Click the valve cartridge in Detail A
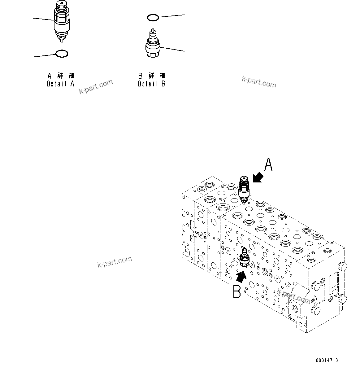tap(62, 22)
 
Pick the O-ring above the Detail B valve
tap(153, 18)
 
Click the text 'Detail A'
tap(61, 84)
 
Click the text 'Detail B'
tap(152, 84)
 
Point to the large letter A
tap(268, 164)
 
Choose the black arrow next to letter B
tap(241, 275)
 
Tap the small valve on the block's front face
tap(244, 258)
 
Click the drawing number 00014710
tap(327, 360)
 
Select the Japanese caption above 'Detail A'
tap(61, 76)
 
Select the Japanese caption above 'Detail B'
tap(152, 76)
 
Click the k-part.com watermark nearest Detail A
tap(96, 87)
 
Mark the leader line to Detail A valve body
tap(43, 19)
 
